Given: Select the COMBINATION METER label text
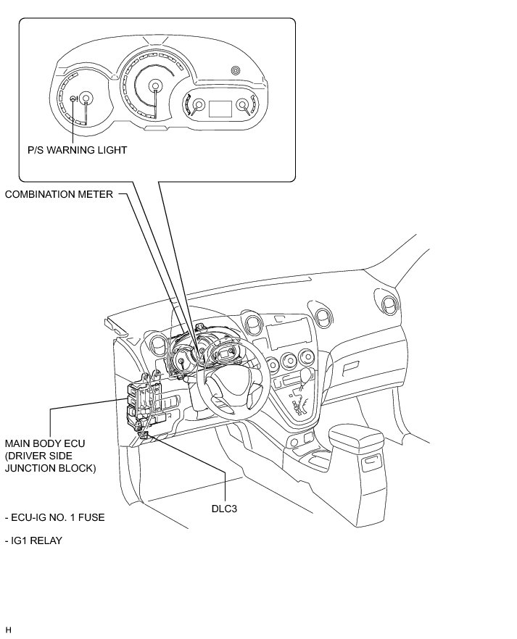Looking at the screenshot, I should [59, 194].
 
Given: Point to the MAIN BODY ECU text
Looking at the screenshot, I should [40, 442].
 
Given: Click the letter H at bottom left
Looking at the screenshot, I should [8, 630].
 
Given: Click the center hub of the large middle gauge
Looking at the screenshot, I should [154, 86].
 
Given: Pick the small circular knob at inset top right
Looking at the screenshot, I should [234, 70].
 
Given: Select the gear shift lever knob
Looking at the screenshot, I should [308, 374].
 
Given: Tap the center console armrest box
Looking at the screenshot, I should [356, 438].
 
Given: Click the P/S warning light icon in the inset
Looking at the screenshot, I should [73, 99].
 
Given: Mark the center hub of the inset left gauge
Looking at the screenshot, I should [86, 99].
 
